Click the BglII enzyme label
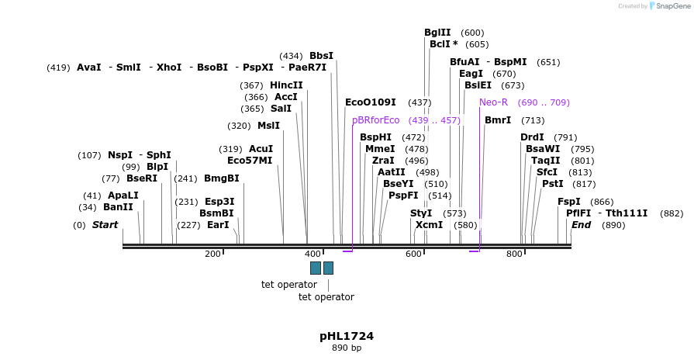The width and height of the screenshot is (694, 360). click(437, 33)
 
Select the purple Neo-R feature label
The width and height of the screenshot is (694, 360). click(493, 102)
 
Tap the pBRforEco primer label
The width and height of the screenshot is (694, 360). click(376, 120)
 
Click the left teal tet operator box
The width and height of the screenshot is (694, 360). click(316, 268)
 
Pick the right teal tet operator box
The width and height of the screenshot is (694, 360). click(329, 268)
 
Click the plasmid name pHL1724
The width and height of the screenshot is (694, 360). click(347, 336)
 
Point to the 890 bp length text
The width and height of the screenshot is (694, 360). click(347, 348)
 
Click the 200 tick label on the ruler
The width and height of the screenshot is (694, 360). click(212, 254)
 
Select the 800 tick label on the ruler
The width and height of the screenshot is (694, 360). click(515, 254)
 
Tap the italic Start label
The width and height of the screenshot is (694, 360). click(105, 225)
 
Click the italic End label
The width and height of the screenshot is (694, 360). click(581, 225)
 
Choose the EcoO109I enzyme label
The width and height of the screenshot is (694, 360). click(371, 102)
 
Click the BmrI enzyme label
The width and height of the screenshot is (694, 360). click(498, 120)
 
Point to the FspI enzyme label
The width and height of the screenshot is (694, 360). click(569, 202)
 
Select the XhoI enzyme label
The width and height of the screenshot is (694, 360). click(169, 67)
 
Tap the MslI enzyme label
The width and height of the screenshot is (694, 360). click(268, 126)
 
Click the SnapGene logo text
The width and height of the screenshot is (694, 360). click(673, 6)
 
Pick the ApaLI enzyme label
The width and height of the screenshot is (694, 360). click(123, 196)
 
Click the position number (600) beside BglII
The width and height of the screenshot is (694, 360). click(472, 33)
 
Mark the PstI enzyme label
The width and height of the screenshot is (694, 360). click(552, 184)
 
